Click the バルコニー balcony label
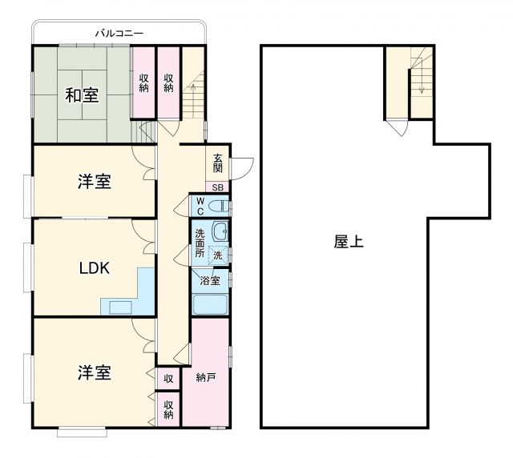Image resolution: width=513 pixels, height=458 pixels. (119, 34)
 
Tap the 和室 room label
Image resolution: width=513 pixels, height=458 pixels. (82, 94)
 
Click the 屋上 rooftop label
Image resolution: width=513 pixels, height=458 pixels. (349, 241)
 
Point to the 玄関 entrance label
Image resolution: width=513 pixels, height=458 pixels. (219, 163)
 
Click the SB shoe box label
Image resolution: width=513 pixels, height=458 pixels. (219, 187)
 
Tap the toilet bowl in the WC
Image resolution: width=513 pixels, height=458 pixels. (218, 207)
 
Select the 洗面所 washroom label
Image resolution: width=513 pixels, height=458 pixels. (200, 243)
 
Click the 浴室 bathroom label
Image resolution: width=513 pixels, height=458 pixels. (210, 281)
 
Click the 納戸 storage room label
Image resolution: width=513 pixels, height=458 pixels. (206, 377)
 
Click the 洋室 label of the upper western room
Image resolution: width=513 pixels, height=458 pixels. (95, 182)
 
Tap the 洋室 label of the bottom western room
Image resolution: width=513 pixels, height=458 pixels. (95, 372)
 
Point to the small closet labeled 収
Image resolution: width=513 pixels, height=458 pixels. (168, 378)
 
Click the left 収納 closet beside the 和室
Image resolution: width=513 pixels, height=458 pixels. (143, 82)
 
